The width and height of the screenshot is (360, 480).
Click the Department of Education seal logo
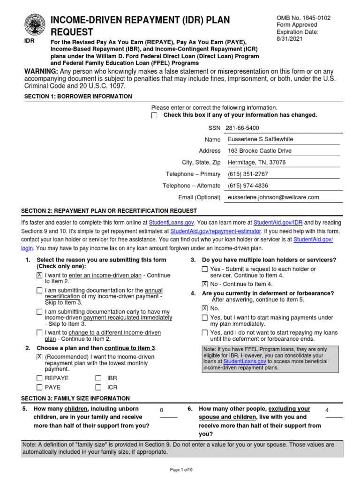35,24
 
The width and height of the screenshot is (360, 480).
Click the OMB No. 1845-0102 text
304,18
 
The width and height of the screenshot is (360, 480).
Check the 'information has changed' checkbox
155,116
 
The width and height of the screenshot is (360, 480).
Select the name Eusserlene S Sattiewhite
261,139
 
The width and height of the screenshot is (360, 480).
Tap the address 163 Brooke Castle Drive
259,151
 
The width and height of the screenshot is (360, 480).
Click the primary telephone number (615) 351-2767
248,174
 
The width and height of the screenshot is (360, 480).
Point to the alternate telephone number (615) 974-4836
248,186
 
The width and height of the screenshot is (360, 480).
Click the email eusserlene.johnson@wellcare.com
273,197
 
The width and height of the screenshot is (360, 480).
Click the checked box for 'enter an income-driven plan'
39,275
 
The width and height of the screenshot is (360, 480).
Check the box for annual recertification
39,291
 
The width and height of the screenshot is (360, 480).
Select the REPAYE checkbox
39,378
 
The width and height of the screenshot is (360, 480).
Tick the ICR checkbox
98,387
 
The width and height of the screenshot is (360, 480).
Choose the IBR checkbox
98,378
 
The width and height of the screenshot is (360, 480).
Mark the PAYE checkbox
39,387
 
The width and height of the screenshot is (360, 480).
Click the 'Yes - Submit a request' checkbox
204,269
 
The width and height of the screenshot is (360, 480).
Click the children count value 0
162,411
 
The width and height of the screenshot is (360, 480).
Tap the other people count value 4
327,410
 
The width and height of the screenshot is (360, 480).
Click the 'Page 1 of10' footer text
180,470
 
